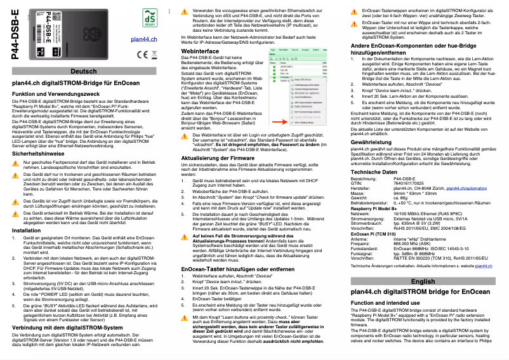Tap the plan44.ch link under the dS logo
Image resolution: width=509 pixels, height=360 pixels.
(x=143, y=39)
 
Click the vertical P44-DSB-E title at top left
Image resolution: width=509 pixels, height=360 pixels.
(x=14, y=35)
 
